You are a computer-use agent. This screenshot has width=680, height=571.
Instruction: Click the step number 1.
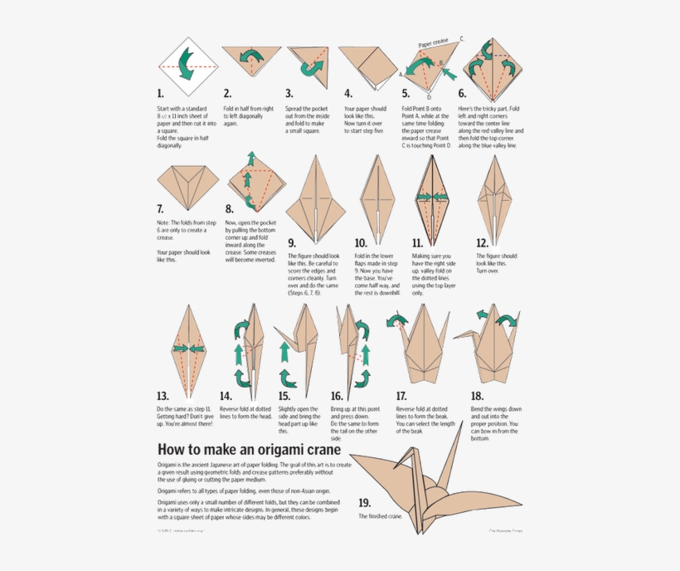pyautogui.click(x=160, y=95)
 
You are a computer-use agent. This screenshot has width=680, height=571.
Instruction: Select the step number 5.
pyautogui.click(x=406, y=95)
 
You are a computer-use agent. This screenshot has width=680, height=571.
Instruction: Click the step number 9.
pyautogui.click(x=292, y=243)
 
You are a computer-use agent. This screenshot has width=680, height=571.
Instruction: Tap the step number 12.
pyautogui.click(x=482, y=243)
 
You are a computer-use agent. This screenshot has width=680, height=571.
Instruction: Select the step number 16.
pyautogui.click(x=337, y=396)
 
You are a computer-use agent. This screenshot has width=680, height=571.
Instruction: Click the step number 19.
pyautogui.click(x=365, y=503)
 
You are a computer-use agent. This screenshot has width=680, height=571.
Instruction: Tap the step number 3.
pyautogui.click(x=289, y=95)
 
